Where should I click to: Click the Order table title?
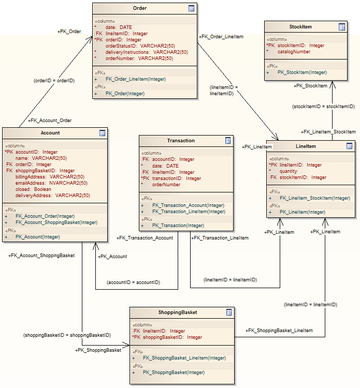pyautogui.click(x=140, y=8)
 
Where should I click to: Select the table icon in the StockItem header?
pyautogui.click(x=342, y=27)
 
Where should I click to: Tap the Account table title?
pyautogui.click(x=50, y=133)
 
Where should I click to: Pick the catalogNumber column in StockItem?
pyautogui.click(x=294, y=52)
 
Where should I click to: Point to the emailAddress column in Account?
pyautogui.click(x=51, y=183)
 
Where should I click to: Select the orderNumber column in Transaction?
pyautogui.click(x=166, y=185)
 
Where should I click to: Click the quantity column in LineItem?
pyautogui.click(x=289, y=171)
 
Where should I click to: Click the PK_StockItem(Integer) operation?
pyautogui.click(x=302, y=72)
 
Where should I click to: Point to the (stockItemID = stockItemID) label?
pyautogui.click(x=323, y=107)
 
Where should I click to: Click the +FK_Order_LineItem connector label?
pyautogui.click(x=221, y=37)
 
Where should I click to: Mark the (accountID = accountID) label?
pyautogui.click(x=133, y=282)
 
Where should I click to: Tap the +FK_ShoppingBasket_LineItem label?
pyautogui.click(x=279, y=330)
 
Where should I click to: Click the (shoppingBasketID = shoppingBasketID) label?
pyautogui.click(x=67, y=335)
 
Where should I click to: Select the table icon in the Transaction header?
pyautogui.click(x=228, y=141)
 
